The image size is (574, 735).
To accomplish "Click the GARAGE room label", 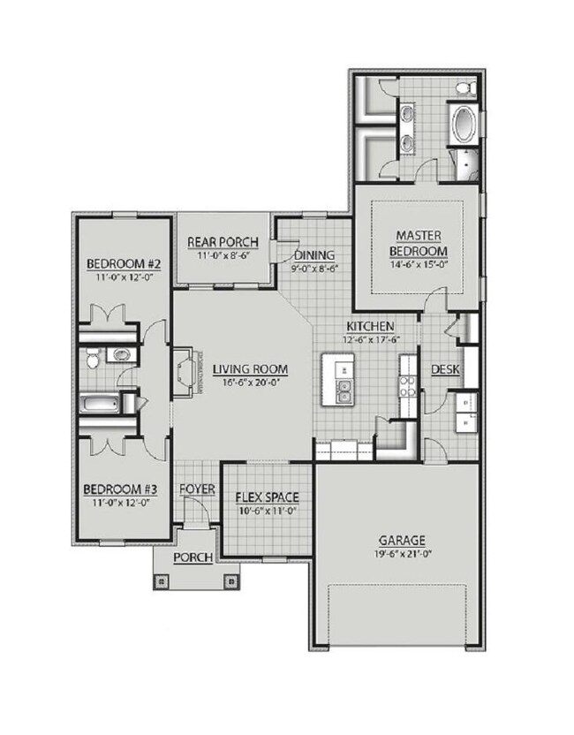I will coord(404,540).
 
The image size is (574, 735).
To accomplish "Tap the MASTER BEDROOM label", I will coord(419,242).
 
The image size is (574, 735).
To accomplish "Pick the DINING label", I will coord(314,255).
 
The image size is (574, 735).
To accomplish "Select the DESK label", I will coord(444,369).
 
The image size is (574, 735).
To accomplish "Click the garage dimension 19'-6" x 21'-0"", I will coord(404,555).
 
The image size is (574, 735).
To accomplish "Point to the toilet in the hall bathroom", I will coord(93,358).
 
